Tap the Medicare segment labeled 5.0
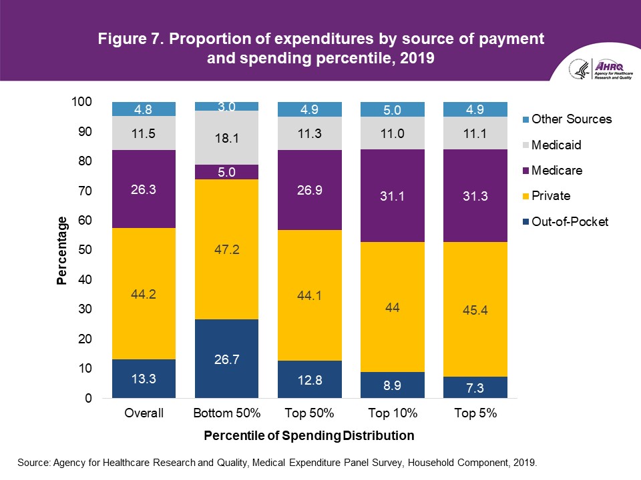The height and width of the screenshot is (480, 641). pos(226,172)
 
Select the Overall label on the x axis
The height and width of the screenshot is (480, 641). pos(144,413)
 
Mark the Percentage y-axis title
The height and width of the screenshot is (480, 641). pos(61,250)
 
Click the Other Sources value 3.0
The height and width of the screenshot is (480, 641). pos(226,107)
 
